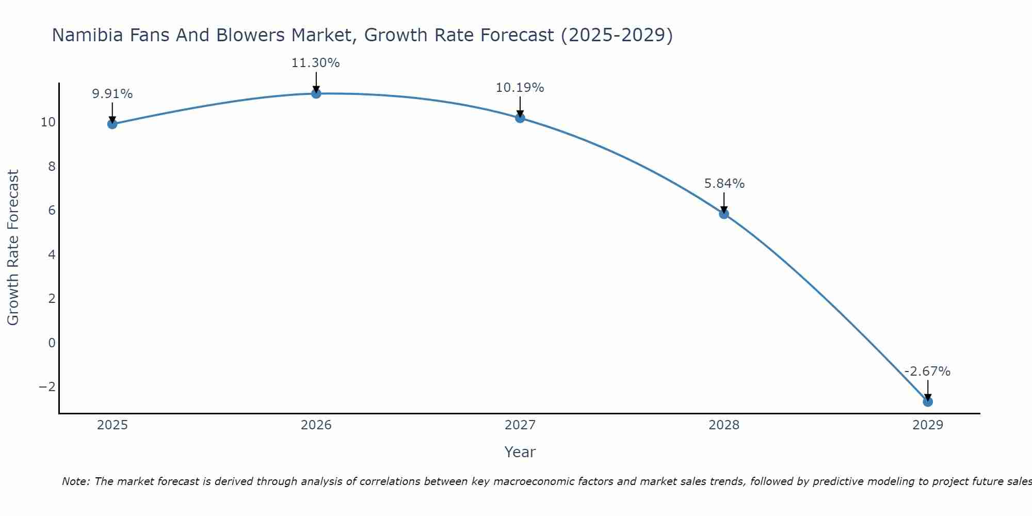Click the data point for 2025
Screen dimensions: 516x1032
tap(112, 124)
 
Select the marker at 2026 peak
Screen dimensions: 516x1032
tap(316, 93)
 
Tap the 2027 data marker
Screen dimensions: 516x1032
tap(520, 118)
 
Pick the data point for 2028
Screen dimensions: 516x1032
tap(724, 214)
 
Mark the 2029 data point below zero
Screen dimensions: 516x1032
tap(928, 401)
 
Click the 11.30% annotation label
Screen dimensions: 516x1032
tap(315, 63)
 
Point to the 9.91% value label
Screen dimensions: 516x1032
tap(112, 94)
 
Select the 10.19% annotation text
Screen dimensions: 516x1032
tap(520, 88)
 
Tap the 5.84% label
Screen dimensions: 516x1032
tap(724, 184)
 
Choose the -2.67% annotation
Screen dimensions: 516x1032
tap(927, 372)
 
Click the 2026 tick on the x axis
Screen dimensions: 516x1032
tap(316, 425)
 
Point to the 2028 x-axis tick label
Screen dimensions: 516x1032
tap(724, 425)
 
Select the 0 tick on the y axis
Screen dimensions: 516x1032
tap(52, 343)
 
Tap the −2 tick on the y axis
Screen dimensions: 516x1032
tap(47, 386)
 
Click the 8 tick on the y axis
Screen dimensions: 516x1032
tap(52, 166)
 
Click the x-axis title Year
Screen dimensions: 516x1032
tap(520, 452)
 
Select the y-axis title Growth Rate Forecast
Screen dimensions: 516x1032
tap(13, 248)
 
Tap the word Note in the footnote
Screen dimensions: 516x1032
tap(75, 481)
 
